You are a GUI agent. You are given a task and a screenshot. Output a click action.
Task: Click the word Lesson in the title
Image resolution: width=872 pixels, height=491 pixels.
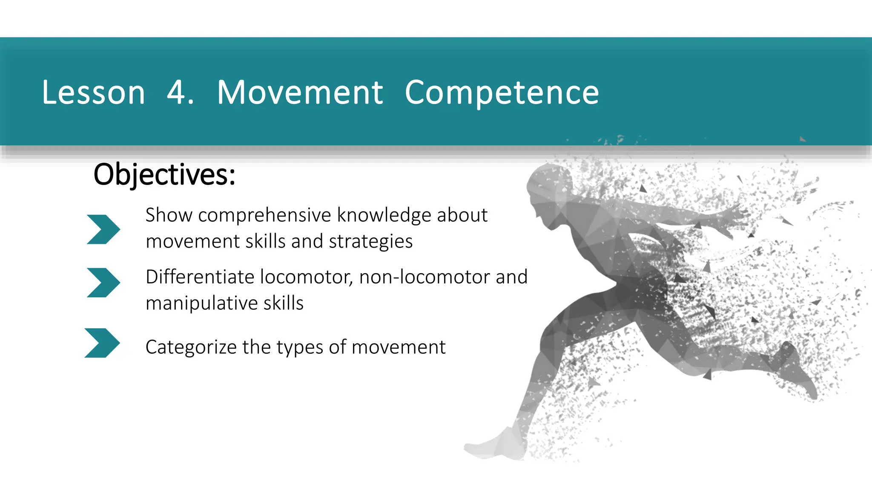click(x=93, y=92)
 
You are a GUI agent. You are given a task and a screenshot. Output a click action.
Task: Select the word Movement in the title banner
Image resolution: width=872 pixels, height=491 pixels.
click(x=300, y=92)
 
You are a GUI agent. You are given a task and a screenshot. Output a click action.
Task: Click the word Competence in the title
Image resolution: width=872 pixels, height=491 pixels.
click(x=502, y=92)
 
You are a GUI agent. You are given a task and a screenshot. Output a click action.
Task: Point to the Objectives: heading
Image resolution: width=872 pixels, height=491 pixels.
click(x=164, y=174)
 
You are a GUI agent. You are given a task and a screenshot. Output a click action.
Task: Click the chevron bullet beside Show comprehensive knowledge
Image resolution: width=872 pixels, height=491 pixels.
click(x=103, y=229)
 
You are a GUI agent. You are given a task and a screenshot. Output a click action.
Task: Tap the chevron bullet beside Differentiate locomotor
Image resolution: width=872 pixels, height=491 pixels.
click(x=103, y=283)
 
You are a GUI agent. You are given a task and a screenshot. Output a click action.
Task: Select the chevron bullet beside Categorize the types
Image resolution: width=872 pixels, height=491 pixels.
click(x=102, y=343)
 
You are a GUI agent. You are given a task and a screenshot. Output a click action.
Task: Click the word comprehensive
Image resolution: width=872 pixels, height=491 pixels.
click(x=264, y=215)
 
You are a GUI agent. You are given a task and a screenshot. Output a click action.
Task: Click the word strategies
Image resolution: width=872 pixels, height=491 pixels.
click(x=370, y=242)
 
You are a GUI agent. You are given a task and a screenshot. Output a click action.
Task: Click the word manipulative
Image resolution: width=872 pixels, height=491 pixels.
click(x=201, y=303)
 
